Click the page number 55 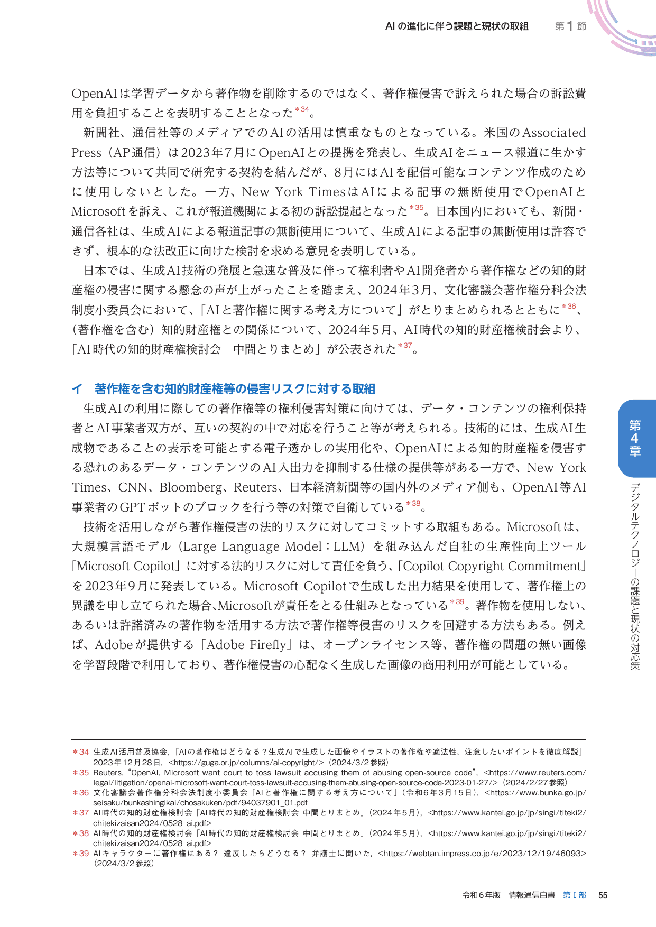(603, 895)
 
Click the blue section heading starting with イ (224, 389)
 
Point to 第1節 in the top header (570, 26)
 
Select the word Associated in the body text (554, 133)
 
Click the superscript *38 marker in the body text (413, 504)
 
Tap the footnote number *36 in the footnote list (81, 793)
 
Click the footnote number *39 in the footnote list (81, 853)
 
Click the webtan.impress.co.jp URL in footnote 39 (482, 853)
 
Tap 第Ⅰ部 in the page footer (574, 895)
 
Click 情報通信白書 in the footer (531, 895)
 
